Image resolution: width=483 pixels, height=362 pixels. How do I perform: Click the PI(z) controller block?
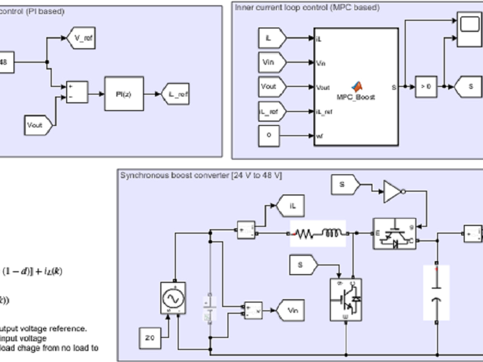(124, 94)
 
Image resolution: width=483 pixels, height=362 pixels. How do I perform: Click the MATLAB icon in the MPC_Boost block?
(357, 87)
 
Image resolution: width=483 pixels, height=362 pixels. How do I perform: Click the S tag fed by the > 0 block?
(468, 87)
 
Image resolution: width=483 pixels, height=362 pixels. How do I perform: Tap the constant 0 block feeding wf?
(269, 136)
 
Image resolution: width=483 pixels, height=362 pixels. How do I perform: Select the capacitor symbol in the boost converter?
(436, 293)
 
